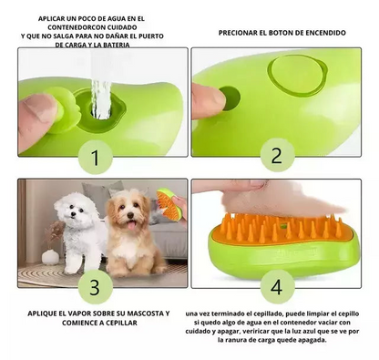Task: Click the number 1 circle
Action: click(x=95, y=159)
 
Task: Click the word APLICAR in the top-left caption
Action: click(x=53, y=18)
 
